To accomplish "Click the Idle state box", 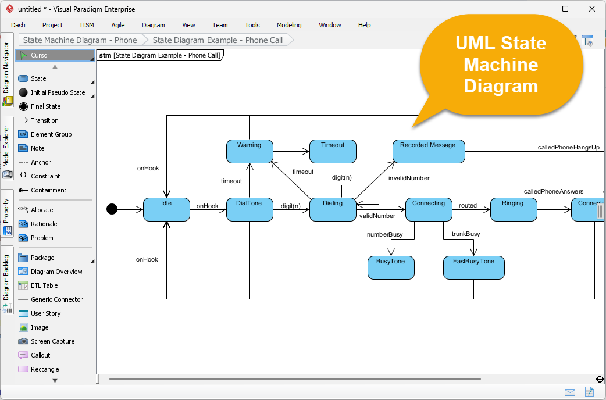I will [166, 209].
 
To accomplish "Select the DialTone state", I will [249, 209].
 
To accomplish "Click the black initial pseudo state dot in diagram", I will [112, 209].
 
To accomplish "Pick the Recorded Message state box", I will [428, 151].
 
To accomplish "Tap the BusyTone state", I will [391, 267].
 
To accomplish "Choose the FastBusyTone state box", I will [473, 267].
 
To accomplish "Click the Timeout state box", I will [333, 151].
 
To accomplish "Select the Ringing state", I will [513, 209].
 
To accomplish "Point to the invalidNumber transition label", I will [409, 178].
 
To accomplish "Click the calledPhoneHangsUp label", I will [568, 148].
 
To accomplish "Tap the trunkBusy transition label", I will [466, 234].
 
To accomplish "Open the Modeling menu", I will [289, 25].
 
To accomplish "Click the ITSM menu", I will [87, 25].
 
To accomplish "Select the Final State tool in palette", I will [45, 106].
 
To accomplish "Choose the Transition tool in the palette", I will [44, 120].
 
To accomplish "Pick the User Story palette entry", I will [45, 313].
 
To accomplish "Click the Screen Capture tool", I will [52, 341].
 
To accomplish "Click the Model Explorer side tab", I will [7, 148].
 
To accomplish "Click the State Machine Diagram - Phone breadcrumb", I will [80, 40].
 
